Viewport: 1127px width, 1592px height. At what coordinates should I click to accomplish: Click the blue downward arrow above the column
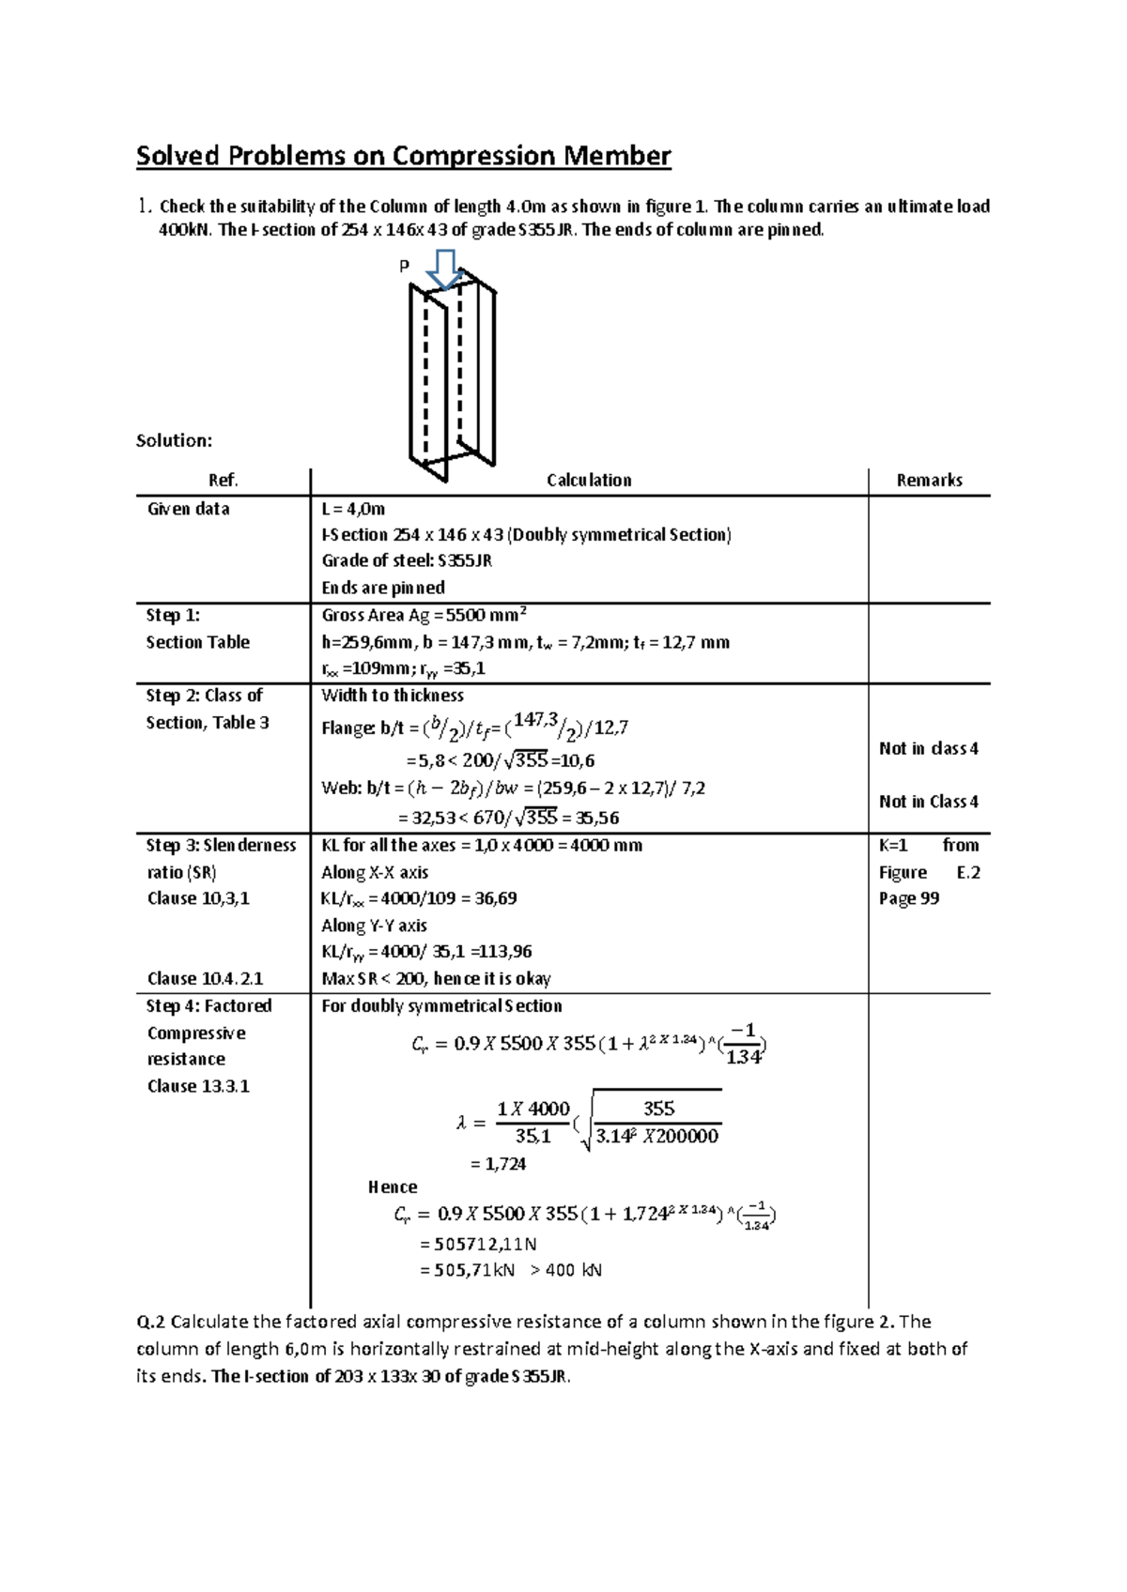point(443,269)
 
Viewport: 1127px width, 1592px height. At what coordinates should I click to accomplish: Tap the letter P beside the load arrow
point(405,267)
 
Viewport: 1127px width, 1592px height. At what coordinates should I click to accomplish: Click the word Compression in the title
point(473,156)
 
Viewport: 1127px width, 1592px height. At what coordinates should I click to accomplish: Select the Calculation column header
point(589,481)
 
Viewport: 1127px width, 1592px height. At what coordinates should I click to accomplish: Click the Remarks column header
point(929,481)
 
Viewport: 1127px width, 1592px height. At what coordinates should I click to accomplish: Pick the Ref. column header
point(223,481)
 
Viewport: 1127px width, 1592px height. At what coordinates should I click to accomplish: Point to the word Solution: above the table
point(174,440)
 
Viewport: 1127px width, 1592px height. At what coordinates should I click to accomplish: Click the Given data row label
point(188,509)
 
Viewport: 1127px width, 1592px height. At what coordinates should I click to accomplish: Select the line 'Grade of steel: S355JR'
point(407,561)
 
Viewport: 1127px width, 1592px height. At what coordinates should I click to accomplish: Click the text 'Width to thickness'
point(393,696)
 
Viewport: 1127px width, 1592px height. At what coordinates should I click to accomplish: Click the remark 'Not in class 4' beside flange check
point(928,748)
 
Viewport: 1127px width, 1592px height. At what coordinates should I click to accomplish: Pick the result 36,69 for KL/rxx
point(496,898)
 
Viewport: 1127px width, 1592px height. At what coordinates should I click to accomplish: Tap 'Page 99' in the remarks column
point(908,898)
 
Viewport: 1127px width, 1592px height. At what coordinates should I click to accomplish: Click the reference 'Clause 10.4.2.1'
point(205,979)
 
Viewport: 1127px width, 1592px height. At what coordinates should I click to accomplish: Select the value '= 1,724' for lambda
point(497,1164)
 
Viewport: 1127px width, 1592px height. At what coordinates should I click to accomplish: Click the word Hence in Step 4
point(393,1187)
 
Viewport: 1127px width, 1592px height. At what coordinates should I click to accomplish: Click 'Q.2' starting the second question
point(151,1323)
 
